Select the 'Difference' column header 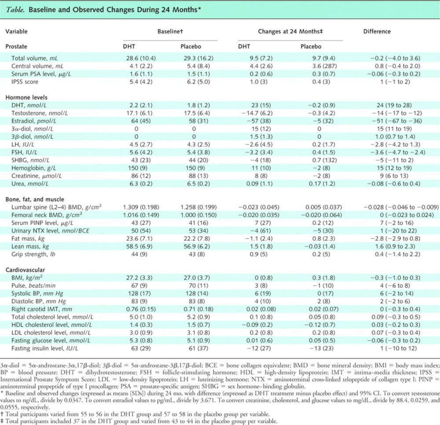coord(377,32)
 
